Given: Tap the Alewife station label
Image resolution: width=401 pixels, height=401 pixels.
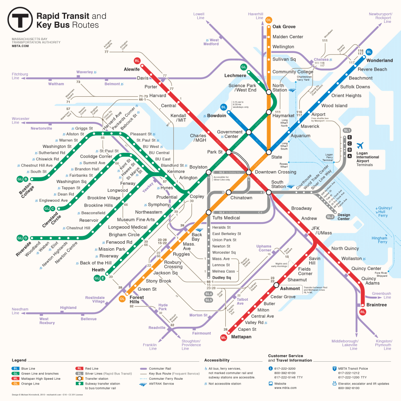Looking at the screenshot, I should click(x=132, y=69).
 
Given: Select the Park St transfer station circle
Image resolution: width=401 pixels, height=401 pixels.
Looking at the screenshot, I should click(x=228, y=152).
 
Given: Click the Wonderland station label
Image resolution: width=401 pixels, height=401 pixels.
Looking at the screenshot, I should click(x=379, y=61).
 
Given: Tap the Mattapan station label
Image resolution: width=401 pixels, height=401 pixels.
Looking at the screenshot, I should click(x=241, y=337).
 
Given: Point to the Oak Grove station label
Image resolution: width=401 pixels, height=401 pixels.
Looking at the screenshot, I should click(x=284, y=27).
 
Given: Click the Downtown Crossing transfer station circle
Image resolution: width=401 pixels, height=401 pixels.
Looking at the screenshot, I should click(x=249, y=172).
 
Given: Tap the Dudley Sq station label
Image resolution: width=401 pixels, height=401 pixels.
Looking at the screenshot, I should click(x=222, y=277).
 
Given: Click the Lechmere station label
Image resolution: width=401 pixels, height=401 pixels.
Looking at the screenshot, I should click(x=235, y=75).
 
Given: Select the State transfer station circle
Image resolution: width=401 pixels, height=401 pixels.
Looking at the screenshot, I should click(x=268, y=152).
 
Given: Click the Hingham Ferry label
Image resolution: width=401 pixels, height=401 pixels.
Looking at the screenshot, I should click(x=379, y=240).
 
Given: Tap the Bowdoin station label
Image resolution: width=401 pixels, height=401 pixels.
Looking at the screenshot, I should click(x=217, y=116).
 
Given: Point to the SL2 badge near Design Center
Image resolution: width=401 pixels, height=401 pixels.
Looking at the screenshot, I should click(x=330, y=217).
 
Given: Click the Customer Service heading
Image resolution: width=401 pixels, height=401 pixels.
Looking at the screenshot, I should click(x=286, y=356).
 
